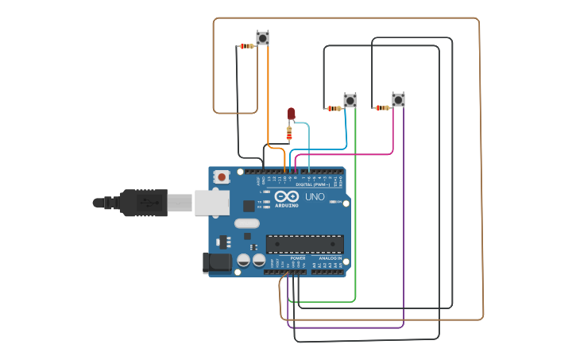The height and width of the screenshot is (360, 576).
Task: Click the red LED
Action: click(291, 114)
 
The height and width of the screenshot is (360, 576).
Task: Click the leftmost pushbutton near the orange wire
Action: click(262, 37)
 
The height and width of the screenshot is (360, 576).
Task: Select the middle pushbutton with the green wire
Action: click(350, 100)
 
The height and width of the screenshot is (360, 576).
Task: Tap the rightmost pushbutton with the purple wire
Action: click(398, 99)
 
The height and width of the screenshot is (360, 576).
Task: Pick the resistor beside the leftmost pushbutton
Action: click(247, 46)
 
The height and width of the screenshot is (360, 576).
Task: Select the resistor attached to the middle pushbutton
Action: click(334, 108)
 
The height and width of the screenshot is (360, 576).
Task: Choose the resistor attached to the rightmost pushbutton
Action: click(382, 107)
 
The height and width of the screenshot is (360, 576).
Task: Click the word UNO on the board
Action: click(315, 196)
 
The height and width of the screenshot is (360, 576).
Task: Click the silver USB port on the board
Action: click(211, 203)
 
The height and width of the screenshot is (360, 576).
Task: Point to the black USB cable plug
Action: click(143, 203)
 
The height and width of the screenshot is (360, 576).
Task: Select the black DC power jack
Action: click(216, 263)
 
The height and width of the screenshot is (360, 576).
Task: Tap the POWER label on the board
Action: click(298, 258)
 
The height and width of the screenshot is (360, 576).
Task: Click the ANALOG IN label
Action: click(331, 258)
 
